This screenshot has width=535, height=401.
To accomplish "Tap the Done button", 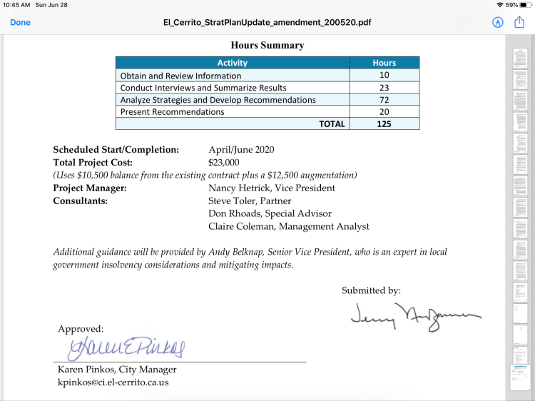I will click(x=20, y=22).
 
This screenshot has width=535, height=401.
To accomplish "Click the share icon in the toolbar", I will click(x=519, y=22).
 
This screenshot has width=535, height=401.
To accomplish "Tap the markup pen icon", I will click(x=498, y=22).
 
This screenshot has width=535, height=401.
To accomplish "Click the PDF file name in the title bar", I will click(x=267, y=22).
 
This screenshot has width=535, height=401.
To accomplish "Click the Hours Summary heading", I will click(x=267, y=45).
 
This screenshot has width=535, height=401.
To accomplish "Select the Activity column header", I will click(x=233, y=63).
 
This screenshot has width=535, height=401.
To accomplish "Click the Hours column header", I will click(x=384, y=63).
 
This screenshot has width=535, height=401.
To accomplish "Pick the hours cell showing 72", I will click(x=384, y=99).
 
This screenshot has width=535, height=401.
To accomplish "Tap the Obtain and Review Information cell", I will click(x=180, y=75).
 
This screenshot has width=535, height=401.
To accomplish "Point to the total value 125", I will click(x=384, y=123).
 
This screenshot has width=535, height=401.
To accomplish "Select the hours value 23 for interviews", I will click(x=384, y=87).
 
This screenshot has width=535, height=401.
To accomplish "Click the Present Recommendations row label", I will click(x=172, y=111).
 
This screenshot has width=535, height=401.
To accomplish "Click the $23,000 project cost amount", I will click(x=224, y=162).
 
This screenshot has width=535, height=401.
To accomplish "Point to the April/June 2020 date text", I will click(x=241, y=150).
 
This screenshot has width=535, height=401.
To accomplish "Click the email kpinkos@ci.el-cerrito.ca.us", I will click(x=113, y=382).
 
